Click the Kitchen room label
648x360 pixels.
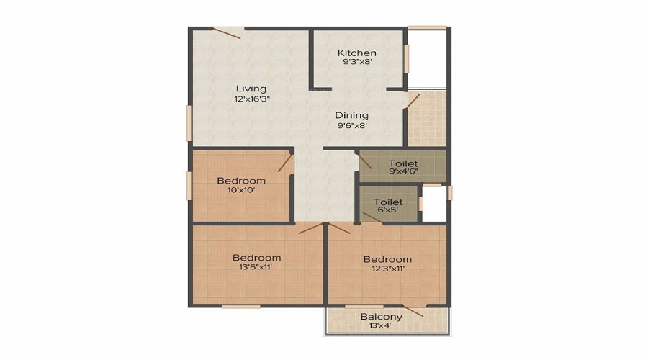tap(357, 53)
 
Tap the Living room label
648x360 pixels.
tap(251, 89)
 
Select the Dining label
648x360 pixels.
tap(351, 115)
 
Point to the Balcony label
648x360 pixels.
tap(382, 316)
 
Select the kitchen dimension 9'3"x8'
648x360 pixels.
tap(358, 62)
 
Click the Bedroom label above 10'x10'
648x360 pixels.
tap(241, 180)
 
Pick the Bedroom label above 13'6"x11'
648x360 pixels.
tap(256, 258)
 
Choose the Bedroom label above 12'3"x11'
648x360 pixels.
tap(387, 259)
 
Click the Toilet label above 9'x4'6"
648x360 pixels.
tap(402, 163)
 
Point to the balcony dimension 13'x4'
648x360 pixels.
tap(382, 325)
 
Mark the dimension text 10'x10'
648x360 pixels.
tap(241, 190)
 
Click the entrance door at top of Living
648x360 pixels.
tap(228, 31)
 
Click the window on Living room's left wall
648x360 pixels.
tap(189, 123)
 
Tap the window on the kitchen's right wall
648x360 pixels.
tap(407, 60)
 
